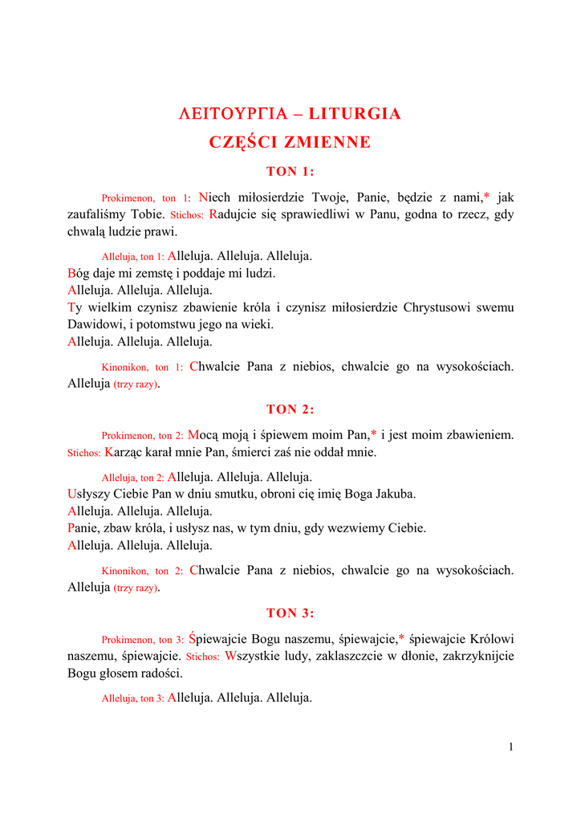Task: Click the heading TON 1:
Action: (290, 171)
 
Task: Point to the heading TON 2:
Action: (290, 409)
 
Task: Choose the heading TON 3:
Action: (290, 613)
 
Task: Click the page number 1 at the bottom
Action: (510, 747)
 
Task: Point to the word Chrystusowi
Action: (440, 307)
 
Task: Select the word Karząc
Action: (121, 452)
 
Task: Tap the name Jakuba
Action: (396, 494)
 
